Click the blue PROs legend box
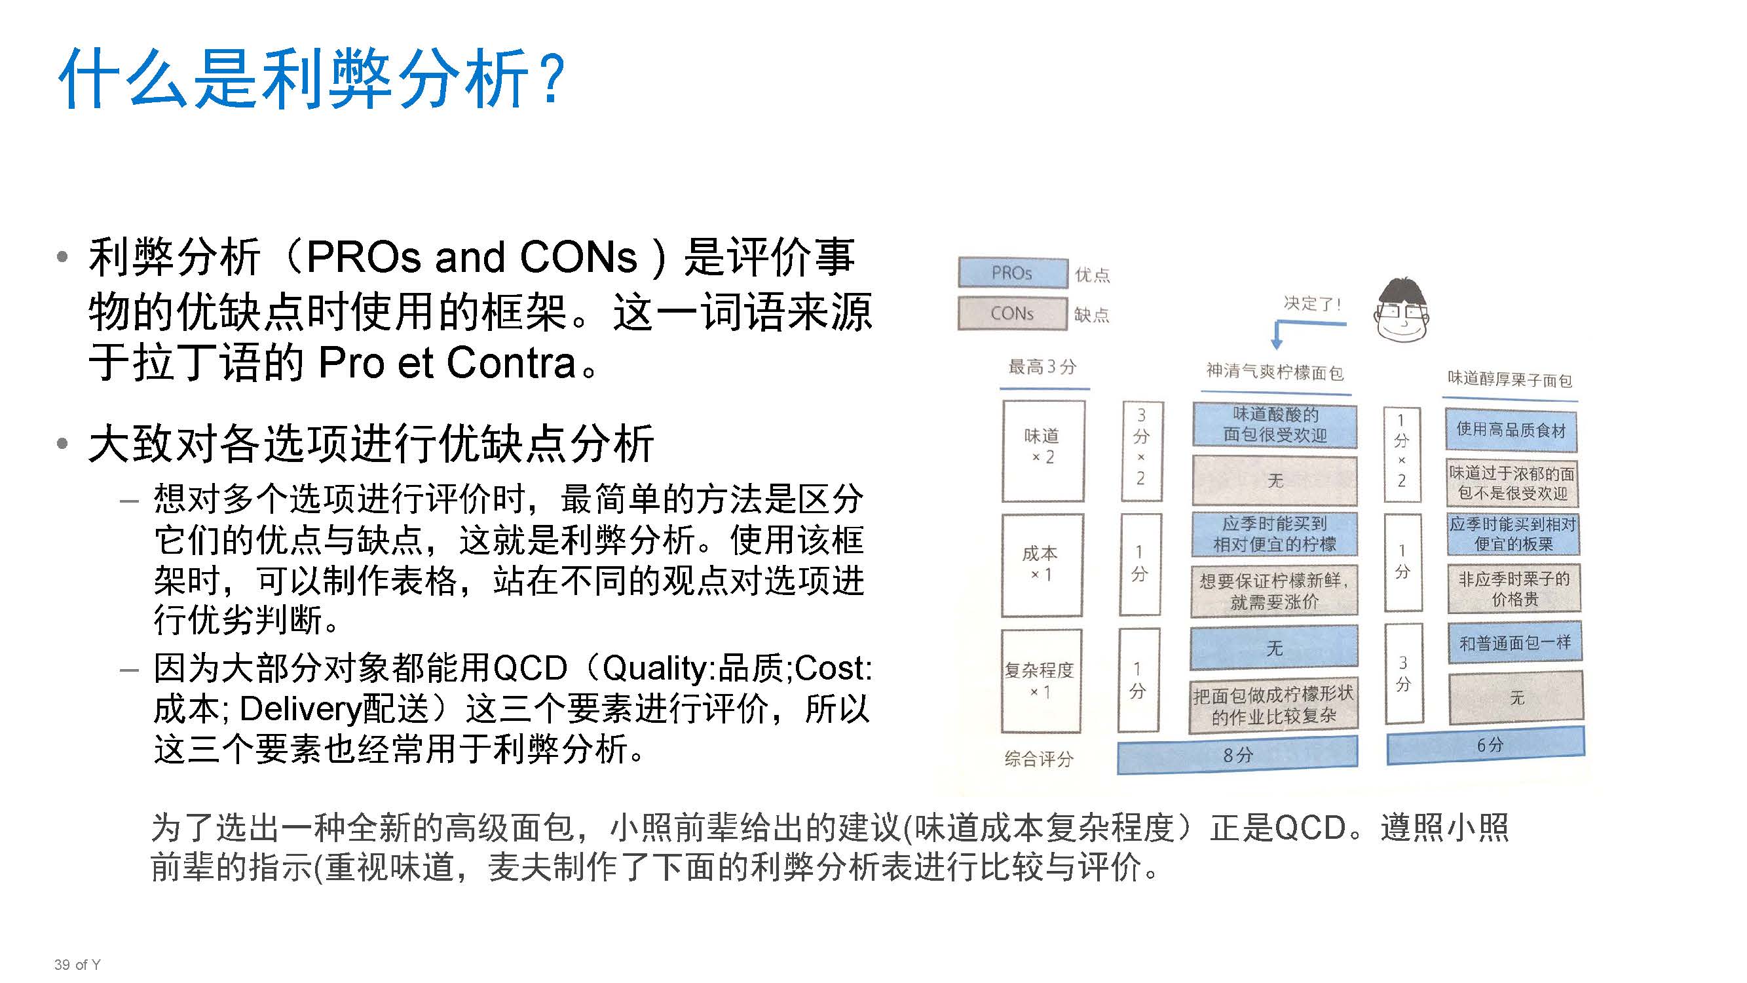click(1012, 273)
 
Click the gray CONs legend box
click(1012, 313)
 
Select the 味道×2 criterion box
click(1042, 450)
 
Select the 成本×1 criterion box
click(1041, 564)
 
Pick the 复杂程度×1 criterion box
click(1040, 680)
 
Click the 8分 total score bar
click(1237, 755)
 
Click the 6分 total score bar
click(1485, 745)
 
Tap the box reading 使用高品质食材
click(1511, 430)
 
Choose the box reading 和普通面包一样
click(1514, 642)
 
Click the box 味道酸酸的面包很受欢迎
click(1274, 425)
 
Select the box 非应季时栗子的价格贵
click(1514, 589)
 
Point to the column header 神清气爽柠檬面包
click(1274, 372)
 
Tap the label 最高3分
click(1042, 367)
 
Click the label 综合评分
click(1038, 758)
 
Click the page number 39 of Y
click(77, 965)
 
